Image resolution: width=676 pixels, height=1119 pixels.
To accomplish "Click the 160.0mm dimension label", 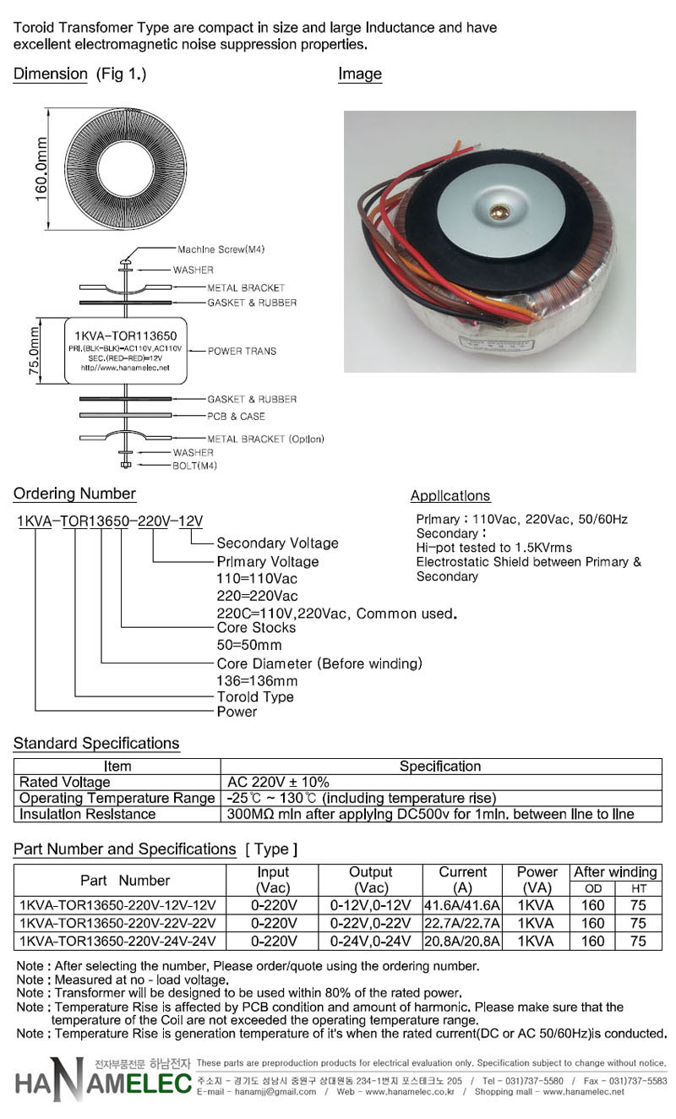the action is [x=41, y=169].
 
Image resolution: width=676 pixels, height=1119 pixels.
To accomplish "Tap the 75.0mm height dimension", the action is [x=34, y=351].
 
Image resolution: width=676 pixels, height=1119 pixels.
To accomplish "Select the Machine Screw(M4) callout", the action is [x=221, y=249].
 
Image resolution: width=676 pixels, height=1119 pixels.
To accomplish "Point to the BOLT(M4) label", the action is [x=195, y=466].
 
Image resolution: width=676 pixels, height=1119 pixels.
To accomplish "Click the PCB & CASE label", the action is [x=237, y=416].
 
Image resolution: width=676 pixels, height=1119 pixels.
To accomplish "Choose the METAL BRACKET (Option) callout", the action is [x=266, y=439].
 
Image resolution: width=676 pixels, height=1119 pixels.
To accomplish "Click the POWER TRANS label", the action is [x=242, y=352].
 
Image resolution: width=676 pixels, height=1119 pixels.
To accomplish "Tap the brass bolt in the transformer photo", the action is [x=499, y=212].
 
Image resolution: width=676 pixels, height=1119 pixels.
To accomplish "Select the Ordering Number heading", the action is [x=74, y=494].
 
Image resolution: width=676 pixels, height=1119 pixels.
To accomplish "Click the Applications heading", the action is [x=450, y=495].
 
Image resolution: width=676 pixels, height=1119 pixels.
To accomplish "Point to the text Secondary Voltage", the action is [x=277, y=543].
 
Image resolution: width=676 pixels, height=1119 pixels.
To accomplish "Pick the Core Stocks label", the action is [x=256, y=627].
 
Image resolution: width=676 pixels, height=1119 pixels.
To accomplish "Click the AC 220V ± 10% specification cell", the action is [x=278, y=782].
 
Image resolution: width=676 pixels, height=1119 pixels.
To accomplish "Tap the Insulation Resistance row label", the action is [x=87, y=814].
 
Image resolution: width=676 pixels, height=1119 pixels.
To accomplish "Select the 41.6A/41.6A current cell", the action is [x=462, y=905].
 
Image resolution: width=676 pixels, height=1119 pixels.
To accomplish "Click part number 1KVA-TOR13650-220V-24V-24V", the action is [x=118, y=942].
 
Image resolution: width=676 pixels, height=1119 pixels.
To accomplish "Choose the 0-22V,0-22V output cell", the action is [x=370, y=923].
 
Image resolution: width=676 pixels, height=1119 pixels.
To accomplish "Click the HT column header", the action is [x=639, y=889].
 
